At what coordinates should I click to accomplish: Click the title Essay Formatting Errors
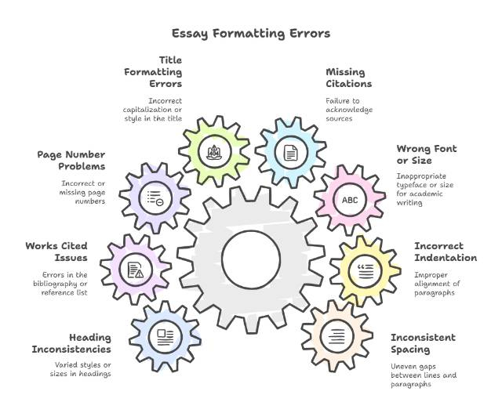251,34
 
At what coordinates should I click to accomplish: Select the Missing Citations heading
349,78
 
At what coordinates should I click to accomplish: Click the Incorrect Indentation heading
445,252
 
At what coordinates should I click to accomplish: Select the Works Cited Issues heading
56,252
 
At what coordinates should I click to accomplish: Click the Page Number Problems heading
71,160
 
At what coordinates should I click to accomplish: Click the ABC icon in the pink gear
348,200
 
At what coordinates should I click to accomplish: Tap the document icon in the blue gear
290,152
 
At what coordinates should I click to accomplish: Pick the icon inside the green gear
214,152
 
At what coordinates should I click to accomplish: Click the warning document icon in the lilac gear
136,270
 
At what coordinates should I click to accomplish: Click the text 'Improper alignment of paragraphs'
441,283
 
